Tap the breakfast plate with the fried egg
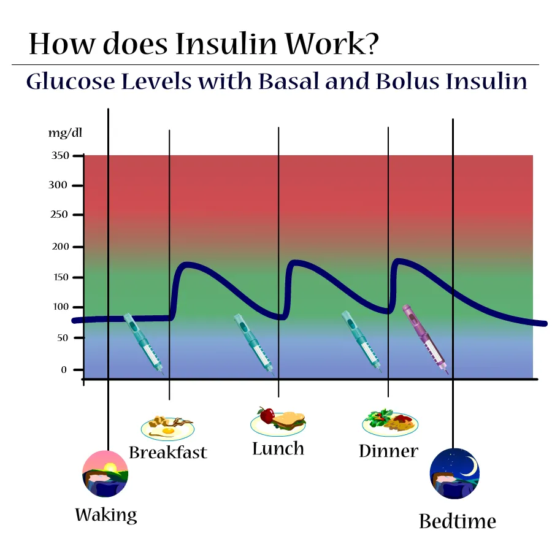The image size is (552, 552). [167, 426]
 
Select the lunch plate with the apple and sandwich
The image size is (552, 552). [278, 420]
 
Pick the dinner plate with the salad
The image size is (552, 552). [390, 422]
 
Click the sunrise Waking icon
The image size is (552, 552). [105, 473]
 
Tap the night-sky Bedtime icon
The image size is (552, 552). [454, 473]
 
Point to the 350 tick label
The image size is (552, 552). [59, 156]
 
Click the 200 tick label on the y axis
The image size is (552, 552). [59, 247]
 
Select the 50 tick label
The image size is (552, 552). [62, 338]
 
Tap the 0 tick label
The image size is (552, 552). [64, 370]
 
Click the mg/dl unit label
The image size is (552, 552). [65, 132]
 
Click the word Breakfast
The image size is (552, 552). [167, 453]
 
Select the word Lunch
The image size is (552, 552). [278, 448]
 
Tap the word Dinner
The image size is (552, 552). [388, 451]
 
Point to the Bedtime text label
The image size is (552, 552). [457, 521]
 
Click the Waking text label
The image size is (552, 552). [105, 515]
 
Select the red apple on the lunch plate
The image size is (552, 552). [266, 415]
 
